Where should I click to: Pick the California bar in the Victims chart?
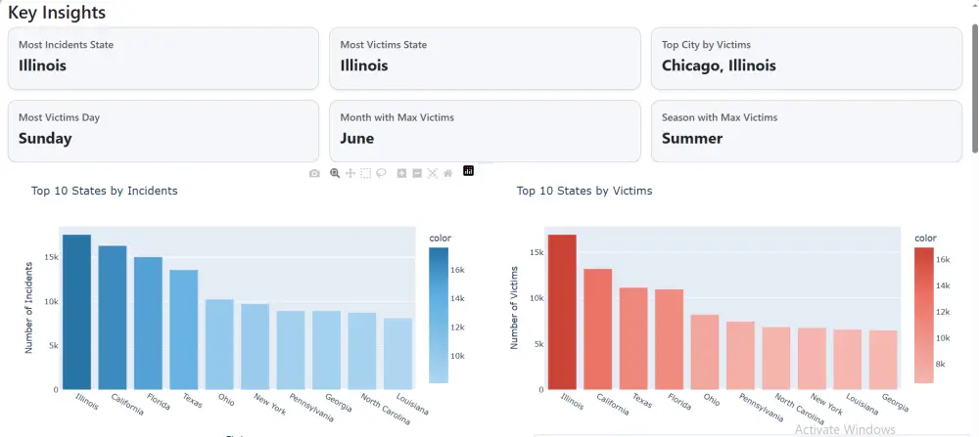tap(598, 328)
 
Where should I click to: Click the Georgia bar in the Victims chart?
tap(883, 360)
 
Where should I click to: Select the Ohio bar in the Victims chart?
tap(705, 352)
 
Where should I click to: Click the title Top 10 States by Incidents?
tap(104, 191)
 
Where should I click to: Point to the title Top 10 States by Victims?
tap(584, 191)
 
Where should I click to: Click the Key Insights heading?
tap(57, 13)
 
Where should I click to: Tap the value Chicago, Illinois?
tap(719, 66)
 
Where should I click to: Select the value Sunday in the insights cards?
tap(45, 138)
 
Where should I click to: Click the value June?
tap(357, 138)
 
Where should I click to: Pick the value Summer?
tap(692, 138)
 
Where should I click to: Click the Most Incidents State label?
tap(67, 45)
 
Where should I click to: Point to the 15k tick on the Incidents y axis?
tap(50, 257)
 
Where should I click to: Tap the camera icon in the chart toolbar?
tap(314, 173)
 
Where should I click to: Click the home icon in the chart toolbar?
tap(447, 173)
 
